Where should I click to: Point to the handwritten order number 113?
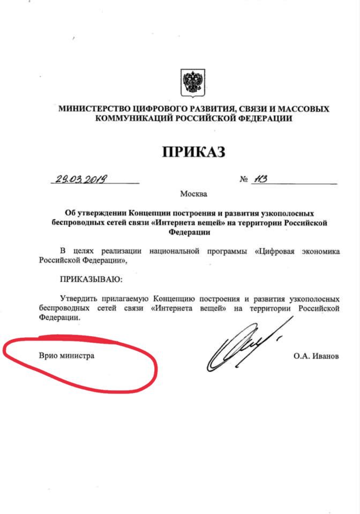(x=261, y=179)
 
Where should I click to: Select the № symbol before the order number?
(x=244, y=180)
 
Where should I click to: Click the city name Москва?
(x=193, y=194)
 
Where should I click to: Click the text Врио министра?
(x=66, y=355)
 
